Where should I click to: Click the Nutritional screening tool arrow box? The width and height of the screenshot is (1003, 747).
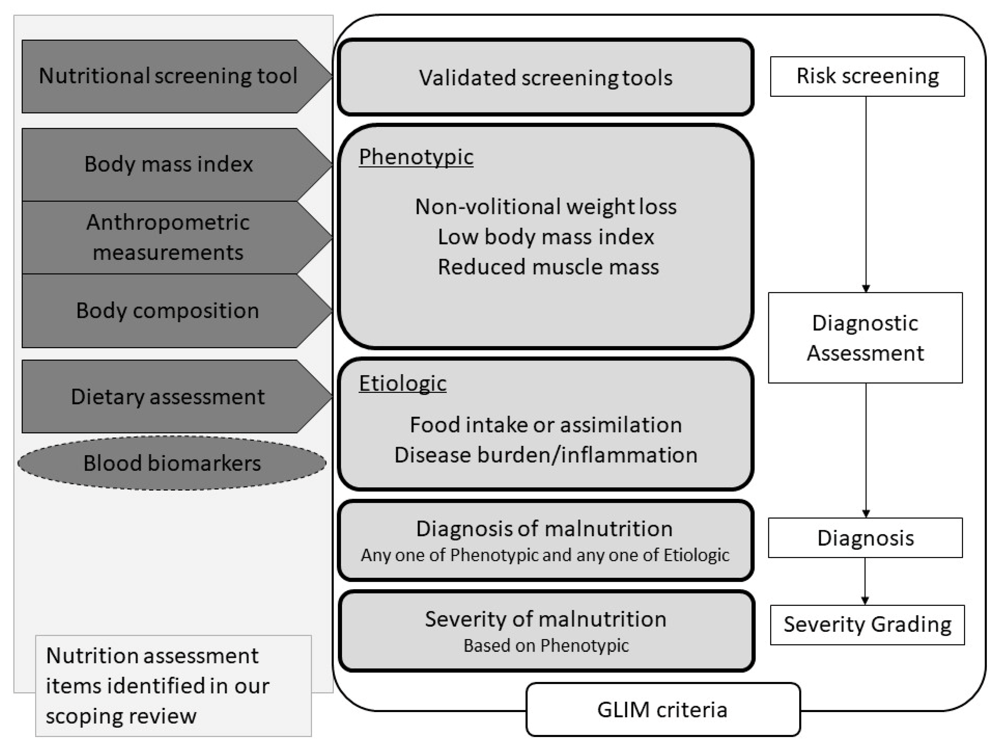(167, 76)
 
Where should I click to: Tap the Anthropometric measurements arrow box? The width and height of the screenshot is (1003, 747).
(168, 237)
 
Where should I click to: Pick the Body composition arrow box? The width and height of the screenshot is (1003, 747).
(167, 311)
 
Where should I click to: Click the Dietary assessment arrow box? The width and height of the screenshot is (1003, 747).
(167, 397)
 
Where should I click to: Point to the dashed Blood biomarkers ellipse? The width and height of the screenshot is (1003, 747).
(172, 463)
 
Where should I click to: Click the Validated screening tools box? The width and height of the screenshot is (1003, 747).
(545, 77)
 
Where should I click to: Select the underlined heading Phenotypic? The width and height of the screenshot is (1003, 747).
(416, 157)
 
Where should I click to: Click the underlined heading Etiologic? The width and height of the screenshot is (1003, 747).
(402, 383)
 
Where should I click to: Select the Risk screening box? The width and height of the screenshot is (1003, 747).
(867, 76)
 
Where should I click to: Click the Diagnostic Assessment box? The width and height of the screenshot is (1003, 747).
(865, 338)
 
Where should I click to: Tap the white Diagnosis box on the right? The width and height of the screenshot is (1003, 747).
(865, 538)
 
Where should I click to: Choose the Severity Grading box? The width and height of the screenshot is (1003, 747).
(867, 624)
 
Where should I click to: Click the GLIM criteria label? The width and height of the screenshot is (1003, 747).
(662, 710)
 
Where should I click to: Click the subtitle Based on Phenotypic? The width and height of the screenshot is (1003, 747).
(546, 645)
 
